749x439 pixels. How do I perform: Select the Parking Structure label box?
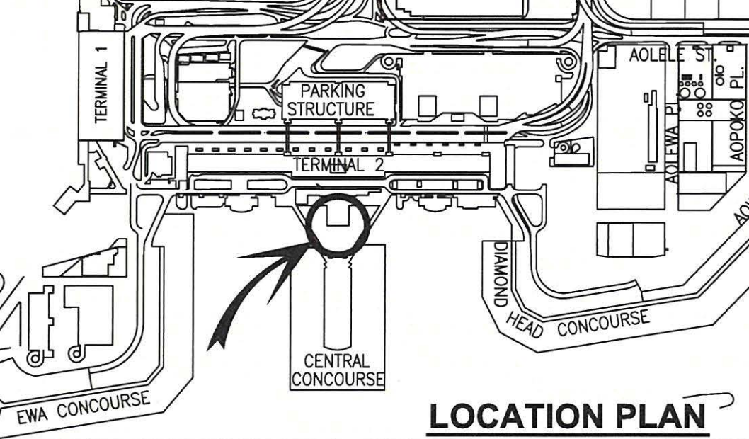coord(339,100)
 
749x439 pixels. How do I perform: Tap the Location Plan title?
coord(567,416)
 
